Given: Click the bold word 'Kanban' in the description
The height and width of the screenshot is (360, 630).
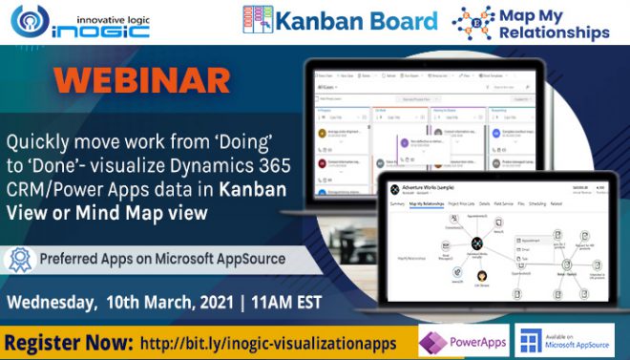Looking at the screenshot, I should point(249,189).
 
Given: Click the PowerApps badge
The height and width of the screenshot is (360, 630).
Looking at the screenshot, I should point(463,341).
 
